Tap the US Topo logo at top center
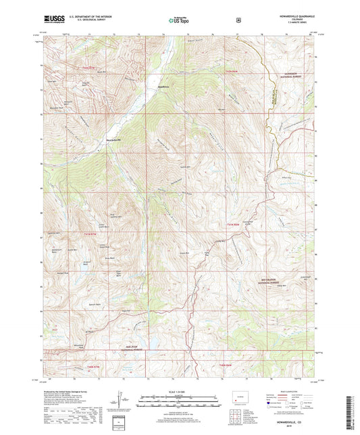[x=179, y=21]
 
